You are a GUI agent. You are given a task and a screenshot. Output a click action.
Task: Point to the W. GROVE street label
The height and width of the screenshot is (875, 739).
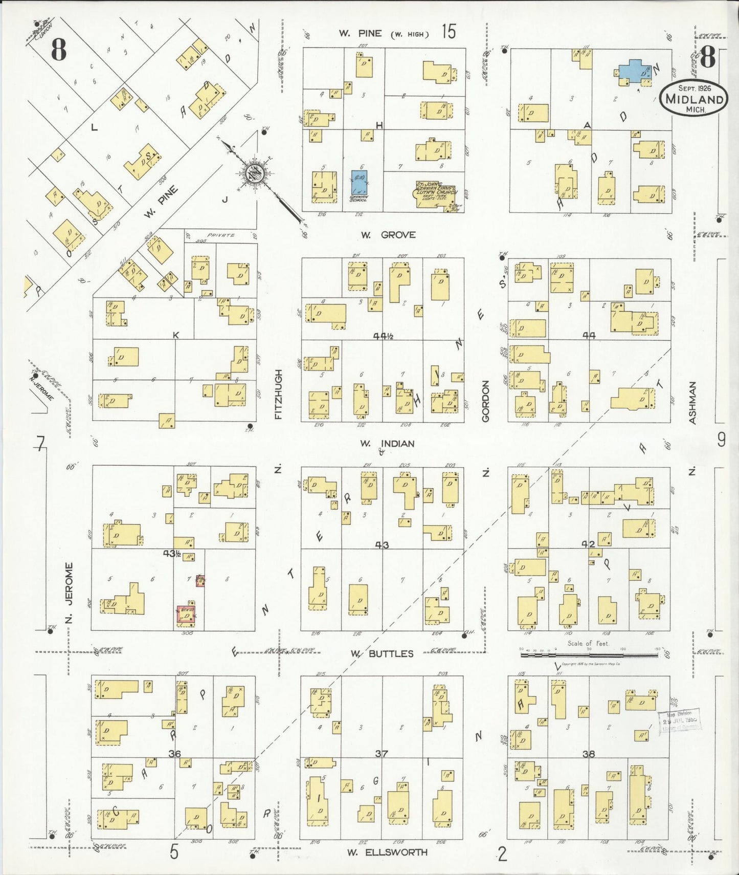click(388, 235)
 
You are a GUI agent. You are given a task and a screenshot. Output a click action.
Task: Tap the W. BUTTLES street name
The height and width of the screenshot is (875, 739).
click(382, 653)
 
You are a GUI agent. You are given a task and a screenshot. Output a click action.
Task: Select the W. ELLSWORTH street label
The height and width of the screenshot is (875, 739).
click(387, 852)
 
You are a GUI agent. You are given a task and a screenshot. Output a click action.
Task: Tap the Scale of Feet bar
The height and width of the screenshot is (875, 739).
click(588, 652)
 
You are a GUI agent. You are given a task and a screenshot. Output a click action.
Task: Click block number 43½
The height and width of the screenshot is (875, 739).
click(172, 553)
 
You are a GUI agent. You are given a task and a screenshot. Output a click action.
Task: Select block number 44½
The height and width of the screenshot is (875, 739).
click(383, 336)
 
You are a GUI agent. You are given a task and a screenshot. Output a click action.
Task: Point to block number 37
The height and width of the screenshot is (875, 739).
click(382, 754)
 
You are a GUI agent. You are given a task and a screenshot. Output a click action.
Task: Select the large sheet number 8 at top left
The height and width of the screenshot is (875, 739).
click(58, 50)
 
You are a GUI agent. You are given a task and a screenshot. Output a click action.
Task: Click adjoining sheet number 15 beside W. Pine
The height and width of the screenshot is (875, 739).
click(448, 32)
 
